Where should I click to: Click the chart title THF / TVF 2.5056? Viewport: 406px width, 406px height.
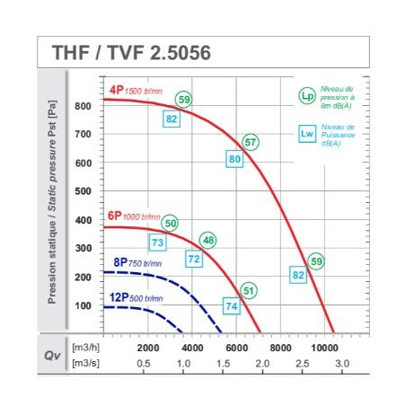pyautogui.click(x=131, y=53)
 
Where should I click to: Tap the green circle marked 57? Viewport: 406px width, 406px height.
pyautogui.click(x=251, y=142)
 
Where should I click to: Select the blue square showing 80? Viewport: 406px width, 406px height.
pyautogui.click(x=234, y=159)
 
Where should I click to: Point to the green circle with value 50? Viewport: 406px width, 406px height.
pyautogui.click(x=170, y=223)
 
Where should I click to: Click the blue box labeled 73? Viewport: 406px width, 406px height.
pyautogui.click(x=158, y=243)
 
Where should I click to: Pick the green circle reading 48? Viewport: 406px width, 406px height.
pyautogui.click(x=208, y=240)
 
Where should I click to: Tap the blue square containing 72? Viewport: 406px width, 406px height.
pyautogui.click(x=194, y=259)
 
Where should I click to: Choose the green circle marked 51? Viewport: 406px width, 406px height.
pyautogui.click(x=249, y=290)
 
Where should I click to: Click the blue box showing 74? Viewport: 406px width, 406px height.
pyautogui.click(x=232, y=306)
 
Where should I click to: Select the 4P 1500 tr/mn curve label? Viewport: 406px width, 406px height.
pyautogui.click(x=136, y=90)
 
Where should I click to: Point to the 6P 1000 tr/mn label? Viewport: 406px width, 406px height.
pyautogui.click(x=134, y=216)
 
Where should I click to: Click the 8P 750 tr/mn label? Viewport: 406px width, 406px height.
pyautogui.click(x=137, y=262)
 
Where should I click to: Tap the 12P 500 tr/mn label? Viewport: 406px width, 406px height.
pyautogui.click(x=137, y=297)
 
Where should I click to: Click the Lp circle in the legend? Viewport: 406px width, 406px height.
pyautogui.click(x=307, y=96)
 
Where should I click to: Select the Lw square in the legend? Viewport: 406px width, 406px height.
pyautogui.click(x=307, y=134)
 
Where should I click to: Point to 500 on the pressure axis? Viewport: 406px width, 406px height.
pyautogui.click(x=84, y=191)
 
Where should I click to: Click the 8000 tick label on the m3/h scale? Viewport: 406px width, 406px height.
pyautogui.click(x=280, y=348)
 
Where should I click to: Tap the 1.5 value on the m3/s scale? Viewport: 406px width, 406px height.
pyautogui.click(x=223, y=364)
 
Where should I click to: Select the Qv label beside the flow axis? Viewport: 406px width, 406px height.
pyautogui.click(x=52, y=356)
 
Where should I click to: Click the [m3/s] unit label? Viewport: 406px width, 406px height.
pyautogui.click(x=85, y=364)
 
